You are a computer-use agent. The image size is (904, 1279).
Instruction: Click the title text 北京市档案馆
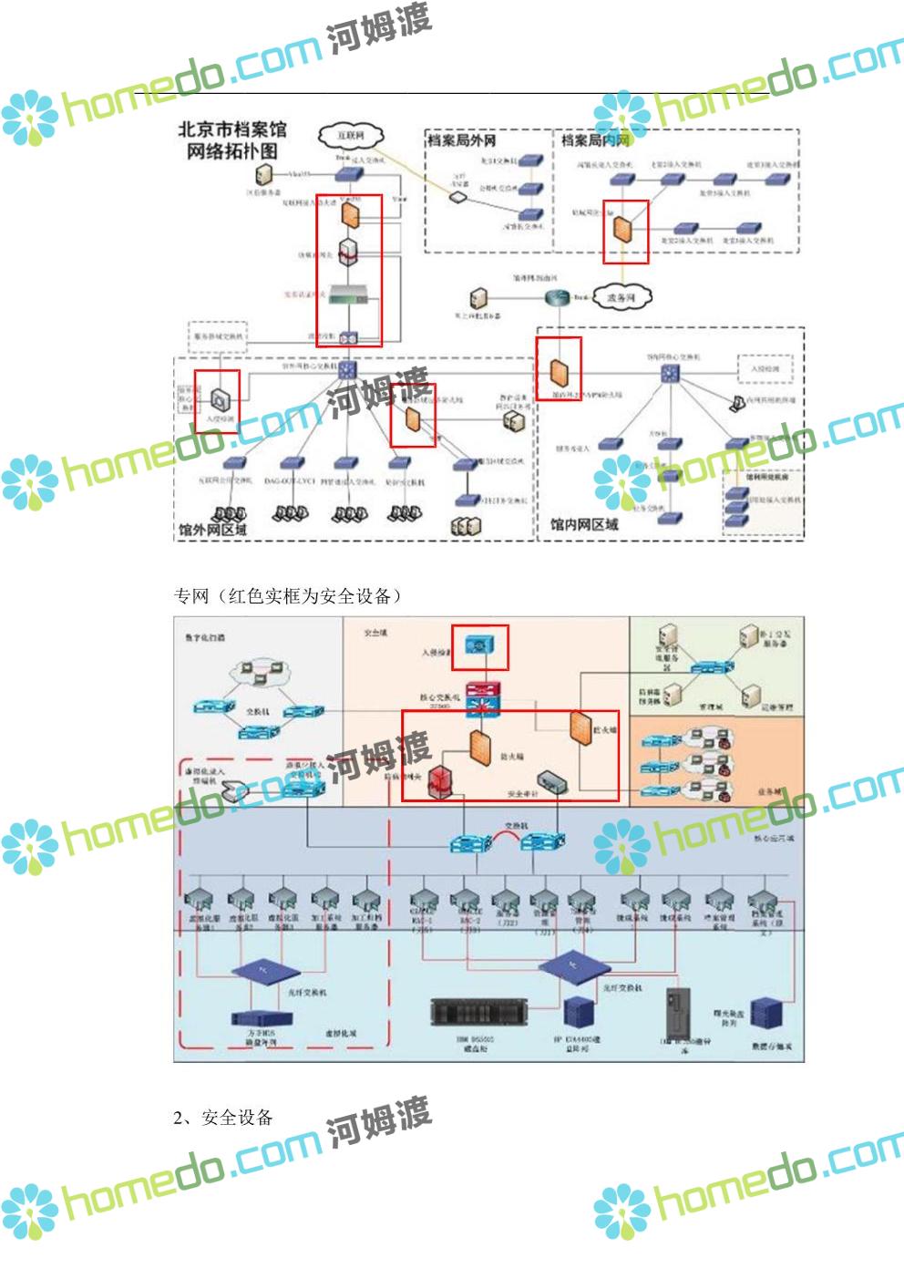pos(231,130)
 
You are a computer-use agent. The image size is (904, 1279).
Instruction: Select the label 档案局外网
pos(462,140)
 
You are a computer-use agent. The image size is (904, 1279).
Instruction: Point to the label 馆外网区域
pos(213,528)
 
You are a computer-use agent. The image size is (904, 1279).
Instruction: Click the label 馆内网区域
pos(584,524)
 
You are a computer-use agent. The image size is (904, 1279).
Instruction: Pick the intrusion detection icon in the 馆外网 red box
pos(221,397)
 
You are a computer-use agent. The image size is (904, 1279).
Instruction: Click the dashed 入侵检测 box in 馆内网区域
pos(765,369)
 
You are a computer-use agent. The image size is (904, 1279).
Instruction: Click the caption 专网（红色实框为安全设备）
pos(288,596)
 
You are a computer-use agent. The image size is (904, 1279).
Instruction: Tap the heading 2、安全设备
pos(223,1118)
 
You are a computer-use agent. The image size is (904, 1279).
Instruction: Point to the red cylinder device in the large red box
pos(442,782)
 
